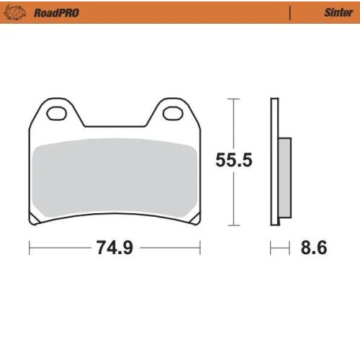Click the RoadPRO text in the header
coord(56,13)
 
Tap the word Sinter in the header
coord(338,12)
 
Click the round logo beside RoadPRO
coord(15,13)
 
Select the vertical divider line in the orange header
coord(290,13)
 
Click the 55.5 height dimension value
coord(234,160)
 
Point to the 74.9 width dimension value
coord(114,248)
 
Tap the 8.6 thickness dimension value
coord(314,248)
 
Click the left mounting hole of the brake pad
coord(57,113)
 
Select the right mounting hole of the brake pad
coord(173,113)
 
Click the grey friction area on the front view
coord(114,178)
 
